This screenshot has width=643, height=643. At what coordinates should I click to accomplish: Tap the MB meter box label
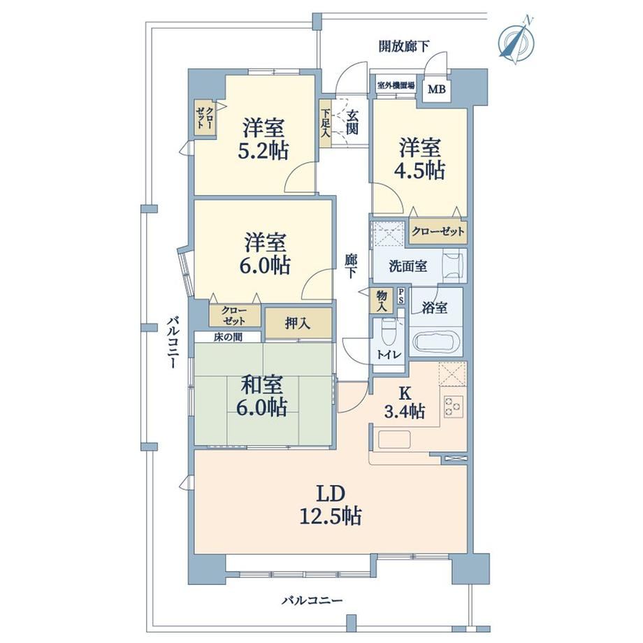pyautogui.click(x=436, y=89)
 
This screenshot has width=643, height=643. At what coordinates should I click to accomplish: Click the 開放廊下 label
pyautogui.click(x=403, y=46)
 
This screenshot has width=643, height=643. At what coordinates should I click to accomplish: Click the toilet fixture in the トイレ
pyautogui.click(x=387, y=332)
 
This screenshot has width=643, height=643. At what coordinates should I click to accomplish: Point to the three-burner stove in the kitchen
pyautogui.click(x=454, y=406)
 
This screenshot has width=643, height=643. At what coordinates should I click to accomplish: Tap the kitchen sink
pyautogui.click(x=394, y=440)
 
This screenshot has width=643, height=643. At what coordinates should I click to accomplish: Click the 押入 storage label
pyautogui.click(x=298, y=324)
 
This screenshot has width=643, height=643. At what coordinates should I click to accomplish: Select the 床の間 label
pyautogui.click(x=227, y=337)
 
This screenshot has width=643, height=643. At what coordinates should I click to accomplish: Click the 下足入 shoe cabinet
pyautogui.click(x=325, y=124)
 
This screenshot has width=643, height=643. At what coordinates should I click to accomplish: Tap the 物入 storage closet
pyautogui.click(x=382, y=301)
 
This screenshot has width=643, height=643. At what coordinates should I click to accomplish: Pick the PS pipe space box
pyautogui.click(x=400, y=296)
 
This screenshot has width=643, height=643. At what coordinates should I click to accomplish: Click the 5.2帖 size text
pyautogui.click(x=263, y=151)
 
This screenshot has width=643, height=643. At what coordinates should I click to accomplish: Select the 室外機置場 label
pyautogui.click(x=396, y=86)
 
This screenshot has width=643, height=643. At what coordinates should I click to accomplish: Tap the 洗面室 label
pyautogui.click(x=407, y=266)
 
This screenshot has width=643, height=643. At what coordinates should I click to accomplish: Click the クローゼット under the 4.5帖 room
pyautogui.click(x=438, y=232)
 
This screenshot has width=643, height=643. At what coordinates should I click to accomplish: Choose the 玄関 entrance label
pyautogui.click(x=352, y=122)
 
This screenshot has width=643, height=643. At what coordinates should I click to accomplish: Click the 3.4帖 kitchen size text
pyautogui.click(x=405, y=411)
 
